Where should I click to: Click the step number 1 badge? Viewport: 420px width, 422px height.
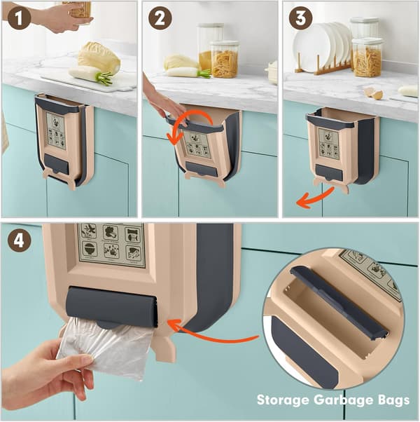coord(19,18)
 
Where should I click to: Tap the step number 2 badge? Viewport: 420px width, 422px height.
coord(160,18)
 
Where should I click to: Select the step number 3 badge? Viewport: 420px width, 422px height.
coord(300,18)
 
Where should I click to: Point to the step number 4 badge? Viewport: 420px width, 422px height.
coord(19,240)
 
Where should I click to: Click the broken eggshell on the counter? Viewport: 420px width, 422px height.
coord(374,93)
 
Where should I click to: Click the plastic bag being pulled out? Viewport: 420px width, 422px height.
coord(106,347)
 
